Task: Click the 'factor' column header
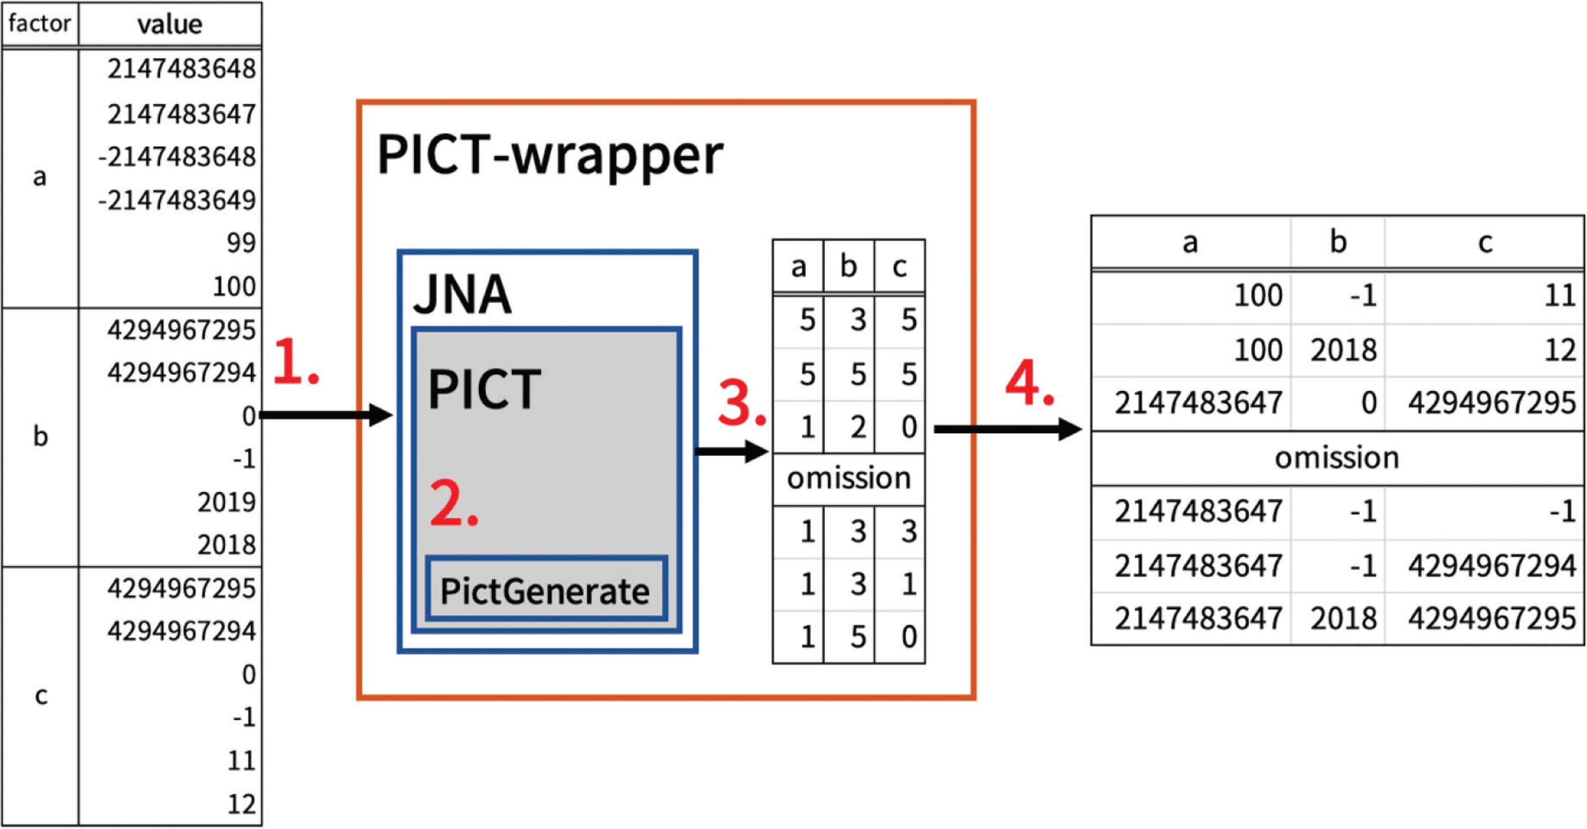39,24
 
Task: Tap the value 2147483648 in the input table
181,68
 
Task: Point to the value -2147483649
177,199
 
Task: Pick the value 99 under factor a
241,243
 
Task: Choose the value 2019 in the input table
226,502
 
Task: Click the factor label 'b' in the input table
40,437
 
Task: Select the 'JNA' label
462,294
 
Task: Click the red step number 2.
453,503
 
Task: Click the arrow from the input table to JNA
327,414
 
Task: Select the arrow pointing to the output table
1008,429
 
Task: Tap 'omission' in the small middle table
849,478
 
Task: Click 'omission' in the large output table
1337,458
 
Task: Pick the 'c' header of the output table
1485,242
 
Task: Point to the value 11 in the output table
1559,295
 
